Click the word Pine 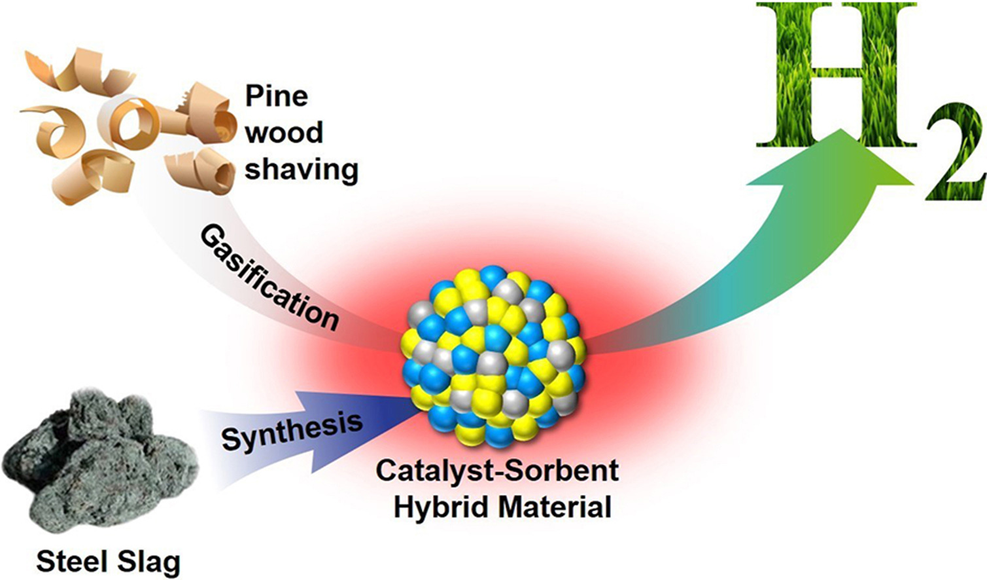coord(277,97)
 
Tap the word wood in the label coord(284,133)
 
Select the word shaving coord(301,170)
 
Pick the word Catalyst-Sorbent coord(497,471)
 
